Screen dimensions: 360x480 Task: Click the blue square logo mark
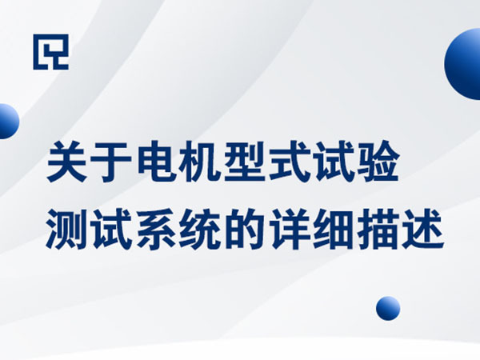pos(50,51)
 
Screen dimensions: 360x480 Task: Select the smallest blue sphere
pos(388,308)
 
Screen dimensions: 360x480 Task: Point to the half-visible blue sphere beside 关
pos(7,122)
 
